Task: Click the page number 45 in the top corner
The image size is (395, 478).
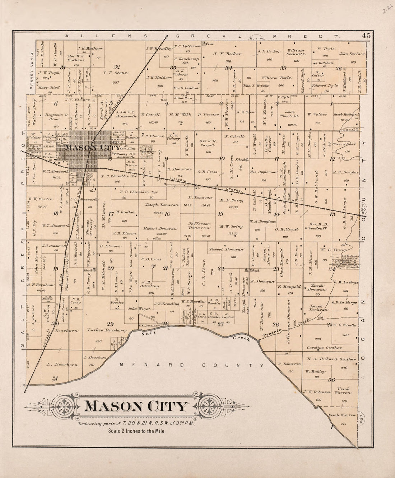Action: pos(366,35)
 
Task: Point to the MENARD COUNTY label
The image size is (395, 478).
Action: pos(192,365)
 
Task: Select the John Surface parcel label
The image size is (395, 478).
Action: pos(352,54)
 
